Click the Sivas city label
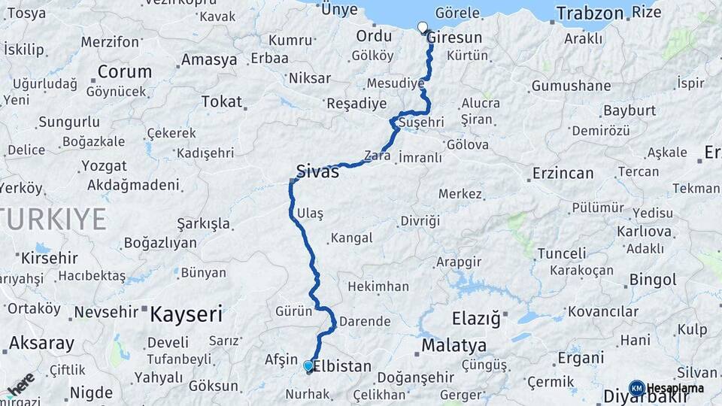coord(318,171)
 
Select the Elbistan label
coord(342,367)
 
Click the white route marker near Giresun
coord(422,28)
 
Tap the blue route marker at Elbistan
coord(308,366)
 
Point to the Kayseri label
coord(186,314)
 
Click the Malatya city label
coord(454,346)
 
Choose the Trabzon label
coord(590,13)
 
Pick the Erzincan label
coord(563,174)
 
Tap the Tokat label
coord(222,101)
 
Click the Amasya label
coord(209,59)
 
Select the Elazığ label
coord(476,319)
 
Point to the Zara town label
coord(378,156)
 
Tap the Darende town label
coord(365,321)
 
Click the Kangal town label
coord(350,238)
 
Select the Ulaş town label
coord(310,214)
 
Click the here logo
coord(20,383)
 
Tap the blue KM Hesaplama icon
coord(636,388)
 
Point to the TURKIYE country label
coord(53,220)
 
